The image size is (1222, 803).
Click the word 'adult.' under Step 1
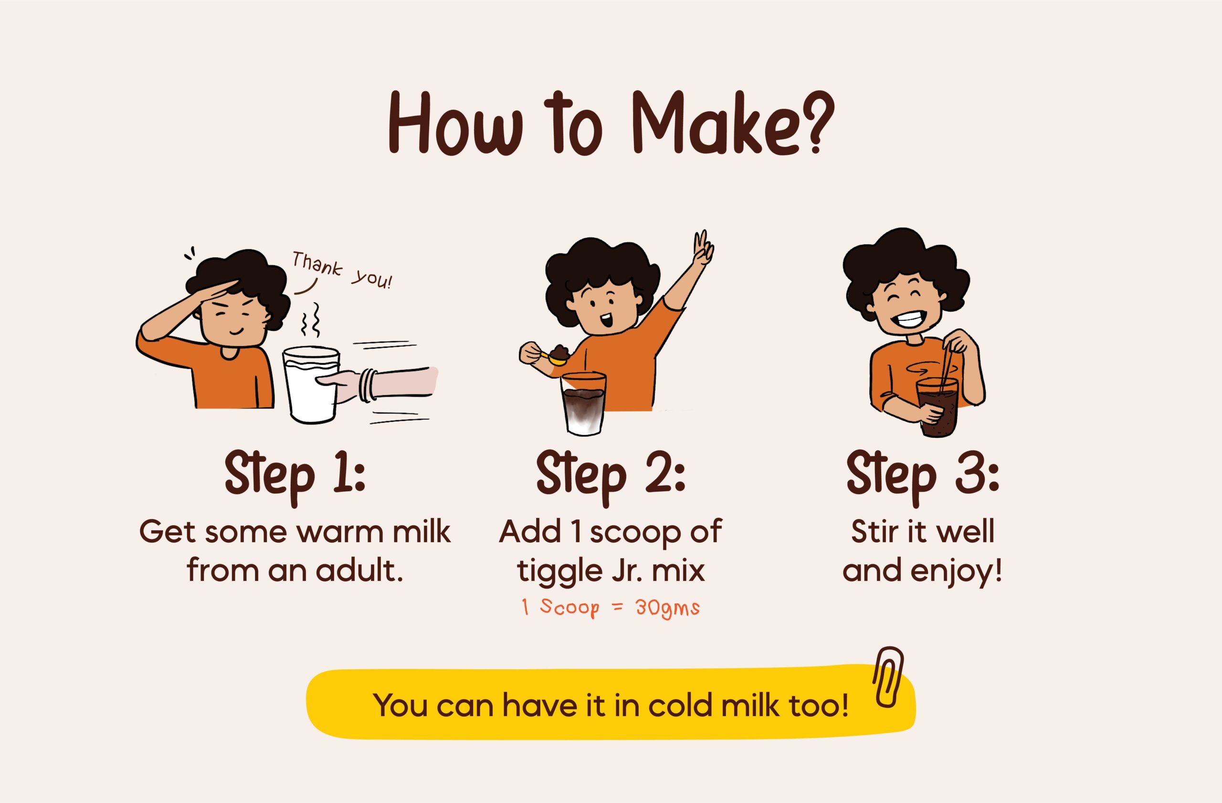point(359,571)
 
